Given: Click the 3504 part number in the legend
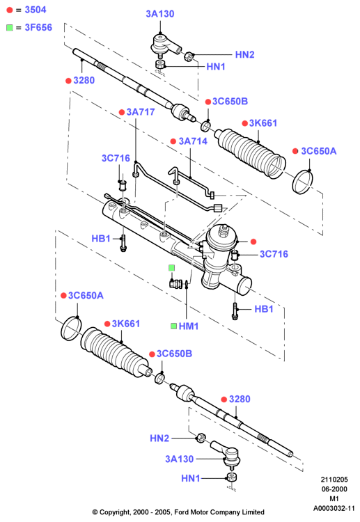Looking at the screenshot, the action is point(36,10).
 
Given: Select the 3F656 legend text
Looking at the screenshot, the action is point(38,27).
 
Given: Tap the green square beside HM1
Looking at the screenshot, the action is point(173,326).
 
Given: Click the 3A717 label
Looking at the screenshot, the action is point(141,112).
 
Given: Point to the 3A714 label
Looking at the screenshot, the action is point(193,141).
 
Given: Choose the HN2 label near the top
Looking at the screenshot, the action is point(245,54).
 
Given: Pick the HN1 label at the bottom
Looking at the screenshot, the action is point(191,478).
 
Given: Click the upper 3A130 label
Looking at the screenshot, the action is point(160,14).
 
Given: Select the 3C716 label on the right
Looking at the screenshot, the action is point(274,254).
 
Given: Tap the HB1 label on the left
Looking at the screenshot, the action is point(101,238).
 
